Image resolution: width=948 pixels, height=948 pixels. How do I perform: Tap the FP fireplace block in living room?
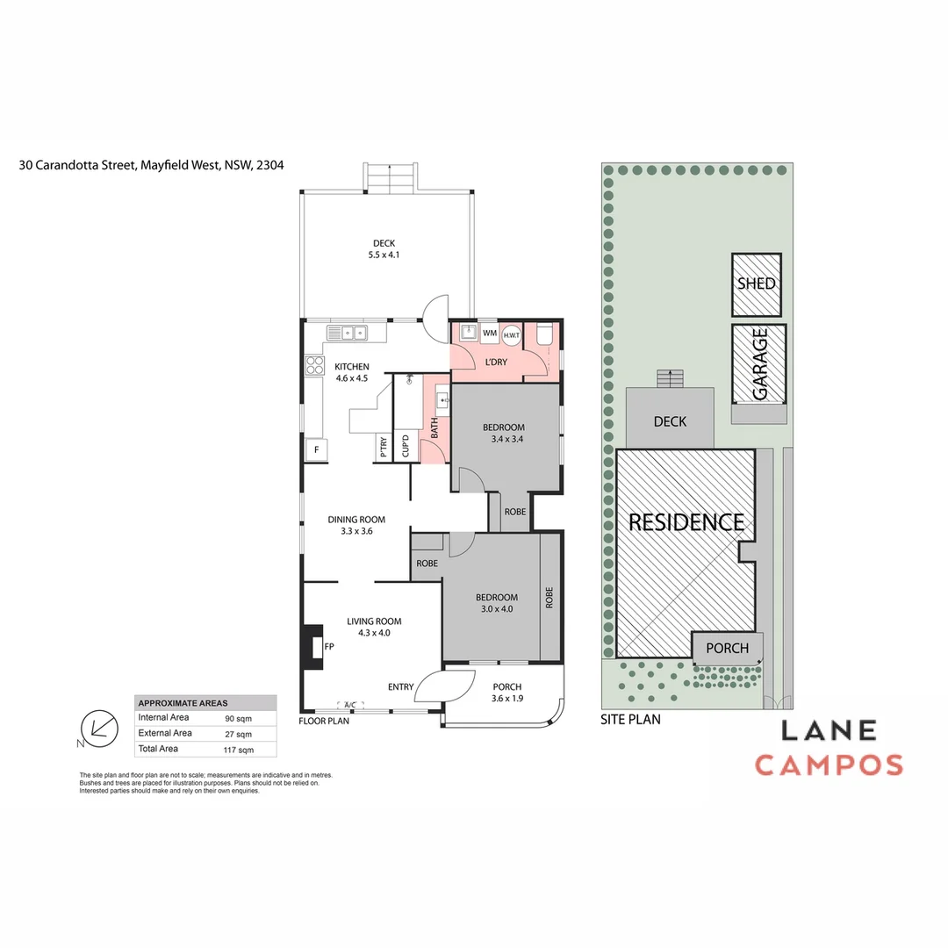pos(311,646)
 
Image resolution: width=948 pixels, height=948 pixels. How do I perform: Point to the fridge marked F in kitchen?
pos(315,450)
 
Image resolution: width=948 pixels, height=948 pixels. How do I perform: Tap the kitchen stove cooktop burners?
pos(314,365)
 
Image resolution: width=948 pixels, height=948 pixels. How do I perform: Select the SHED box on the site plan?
pos(757,284)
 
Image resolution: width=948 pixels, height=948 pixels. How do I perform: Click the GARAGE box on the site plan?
pos(759,363)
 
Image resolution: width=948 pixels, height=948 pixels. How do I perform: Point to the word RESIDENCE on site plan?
pos(686,522)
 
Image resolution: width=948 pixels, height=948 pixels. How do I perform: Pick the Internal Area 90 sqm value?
pos(238,718)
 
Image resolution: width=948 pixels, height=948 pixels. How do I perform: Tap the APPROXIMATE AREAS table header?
pos(183,703)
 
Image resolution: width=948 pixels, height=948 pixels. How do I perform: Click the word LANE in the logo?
pos(829,730)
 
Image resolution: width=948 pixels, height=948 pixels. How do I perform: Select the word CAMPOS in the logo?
pos(829,765)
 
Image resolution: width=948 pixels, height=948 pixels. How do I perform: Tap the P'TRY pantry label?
pos(384,448)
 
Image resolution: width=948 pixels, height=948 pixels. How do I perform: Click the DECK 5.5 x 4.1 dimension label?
pos(383,249)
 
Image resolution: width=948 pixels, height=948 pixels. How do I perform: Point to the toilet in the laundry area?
pos(543,334)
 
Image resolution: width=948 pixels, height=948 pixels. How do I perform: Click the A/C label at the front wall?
pos(349,705)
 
